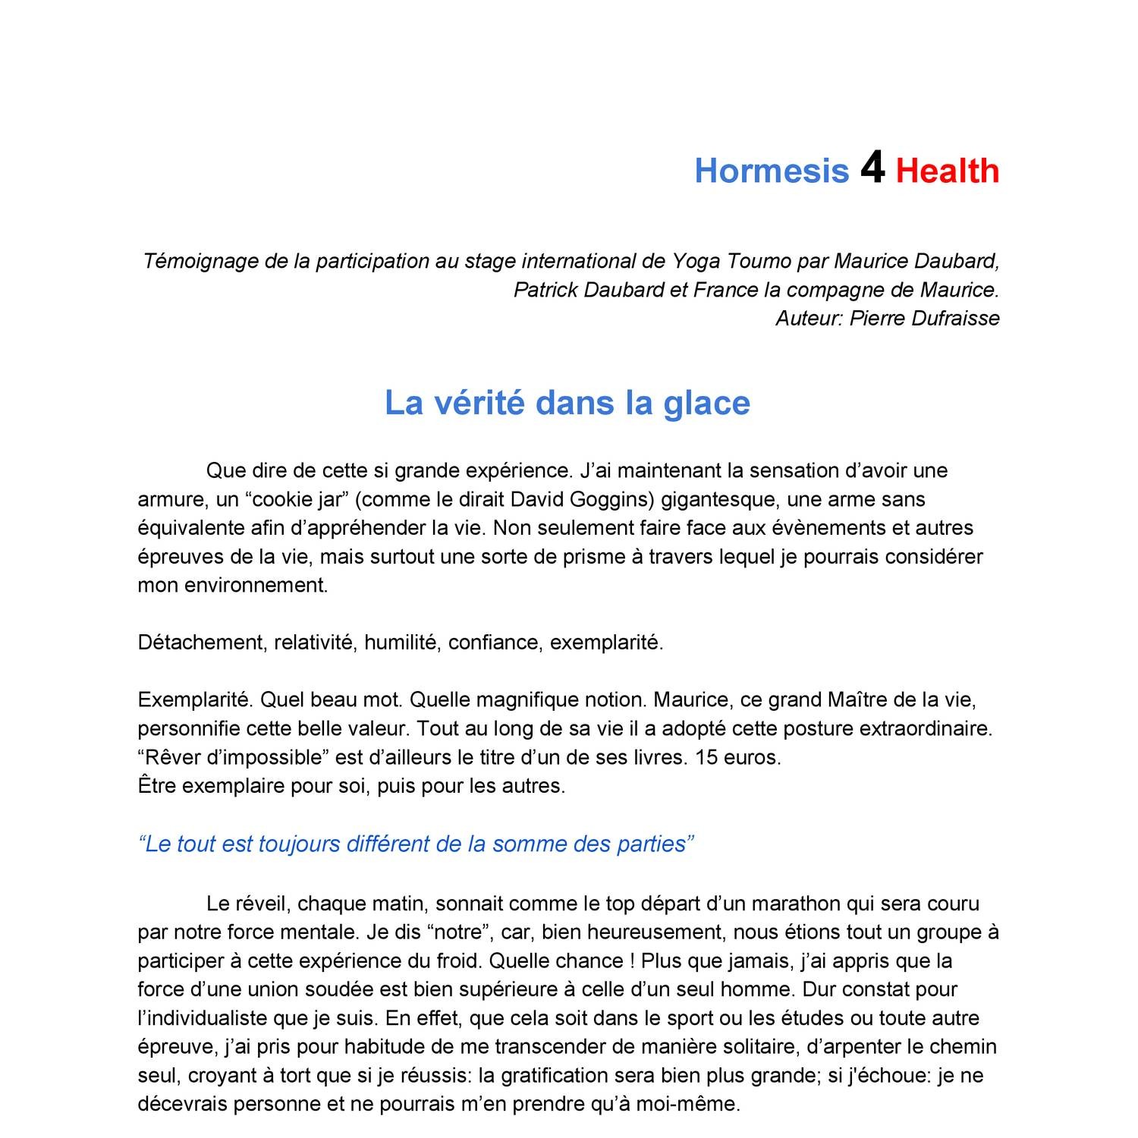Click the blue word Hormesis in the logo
772,171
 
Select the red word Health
948,171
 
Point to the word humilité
401,643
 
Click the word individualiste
205,1018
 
